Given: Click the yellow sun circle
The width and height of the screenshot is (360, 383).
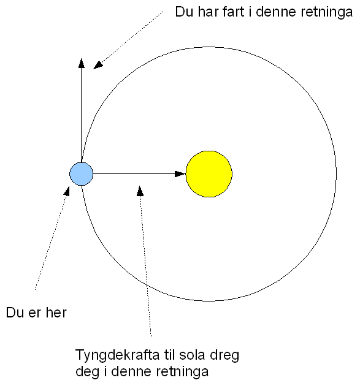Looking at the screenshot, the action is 209,173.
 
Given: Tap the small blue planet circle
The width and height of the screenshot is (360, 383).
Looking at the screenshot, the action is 81,174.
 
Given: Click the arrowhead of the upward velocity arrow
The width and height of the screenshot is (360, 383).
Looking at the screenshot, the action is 82,63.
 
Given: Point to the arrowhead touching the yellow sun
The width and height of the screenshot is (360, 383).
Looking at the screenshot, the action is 180,174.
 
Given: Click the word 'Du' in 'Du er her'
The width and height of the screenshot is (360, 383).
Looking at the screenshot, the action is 15,313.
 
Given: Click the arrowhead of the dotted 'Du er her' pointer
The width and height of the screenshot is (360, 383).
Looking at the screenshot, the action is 66,191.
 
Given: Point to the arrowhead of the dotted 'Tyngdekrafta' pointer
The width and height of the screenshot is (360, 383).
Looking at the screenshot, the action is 140,191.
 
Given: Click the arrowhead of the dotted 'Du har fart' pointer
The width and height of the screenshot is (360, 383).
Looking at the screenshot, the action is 98,65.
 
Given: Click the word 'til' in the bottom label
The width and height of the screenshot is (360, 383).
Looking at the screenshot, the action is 169,355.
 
